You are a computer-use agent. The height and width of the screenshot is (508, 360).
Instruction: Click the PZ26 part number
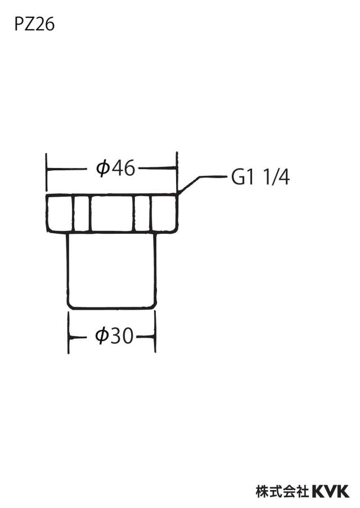coord(34,24)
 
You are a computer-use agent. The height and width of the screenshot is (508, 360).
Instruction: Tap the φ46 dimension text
coord(115,169)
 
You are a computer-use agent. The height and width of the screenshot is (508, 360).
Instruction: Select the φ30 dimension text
coord(114,336)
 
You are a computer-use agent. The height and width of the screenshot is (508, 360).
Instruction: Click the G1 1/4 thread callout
coord(260,178)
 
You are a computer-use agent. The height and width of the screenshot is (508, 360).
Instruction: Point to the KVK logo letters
coord(331,491)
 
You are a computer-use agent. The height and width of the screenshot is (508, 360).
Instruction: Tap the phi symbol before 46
coord(102,169)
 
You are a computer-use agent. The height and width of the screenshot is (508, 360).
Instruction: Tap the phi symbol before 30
coord(101,336)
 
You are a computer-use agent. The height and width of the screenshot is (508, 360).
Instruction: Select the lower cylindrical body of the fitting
coord(111,270)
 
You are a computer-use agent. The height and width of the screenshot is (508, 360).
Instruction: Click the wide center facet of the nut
coord(112,213)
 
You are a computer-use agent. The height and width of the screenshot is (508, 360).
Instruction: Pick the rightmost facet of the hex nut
coord(164,213)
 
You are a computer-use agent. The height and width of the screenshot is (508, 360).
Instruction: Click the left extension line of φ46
coord(47,172)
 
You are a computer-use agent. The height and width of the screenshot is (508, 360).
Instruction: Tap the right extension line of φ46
coord(177,172)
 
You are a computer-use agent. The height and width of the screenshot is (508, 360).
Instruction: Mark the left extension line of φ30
coord(69,333)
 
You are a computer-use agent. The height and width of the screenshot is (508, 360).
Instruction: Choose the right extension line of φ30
coord(155,332)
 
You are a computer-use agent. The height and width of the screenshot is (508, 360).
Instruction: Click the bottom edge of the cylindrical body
coord(111,308)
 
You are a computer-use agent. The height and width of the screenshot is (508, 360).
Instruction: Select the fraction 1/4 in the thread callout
coord(277,178)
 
